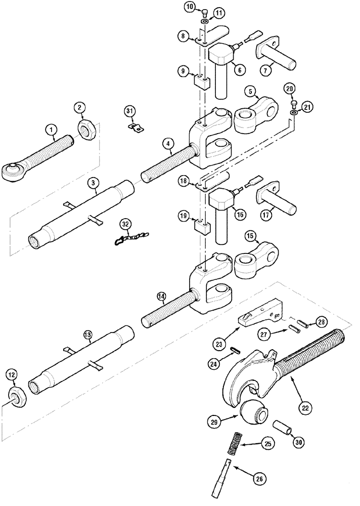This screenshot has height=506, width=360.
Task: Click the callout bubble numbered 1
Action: (x=51, y=130)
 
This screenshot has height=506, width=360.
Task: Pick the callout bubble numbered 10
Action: (x=190, y=7)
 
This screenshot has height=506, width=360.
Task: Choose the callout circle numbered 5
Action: (x=251, y=92)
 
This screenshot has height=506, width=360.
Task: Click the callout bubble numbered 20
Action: (x=289, y=88)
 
